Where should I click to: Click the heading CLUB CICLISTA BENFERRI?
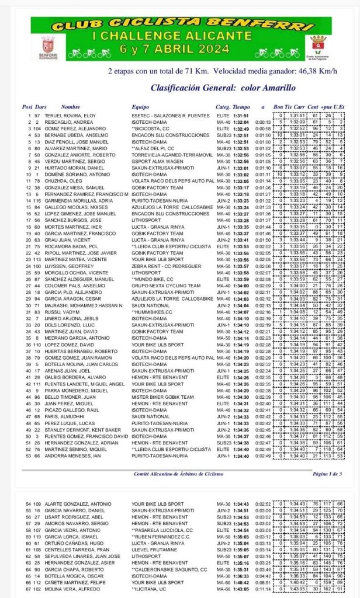pyautogui.click(x=179, y=25)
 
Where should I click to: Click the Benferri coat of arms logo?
pyautogui.click(x=49, y=44)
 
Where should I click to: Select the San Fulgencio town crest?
pyautogui.click(x=318, y=43)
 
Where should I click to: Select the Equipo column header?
pyautogui.click(x=140, y=107)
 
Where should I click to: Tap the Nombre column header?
pyautogui.click(x=70, y=107)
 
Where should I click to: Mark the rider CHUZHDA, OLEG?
pyautogui.click(x=56, y=182)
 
